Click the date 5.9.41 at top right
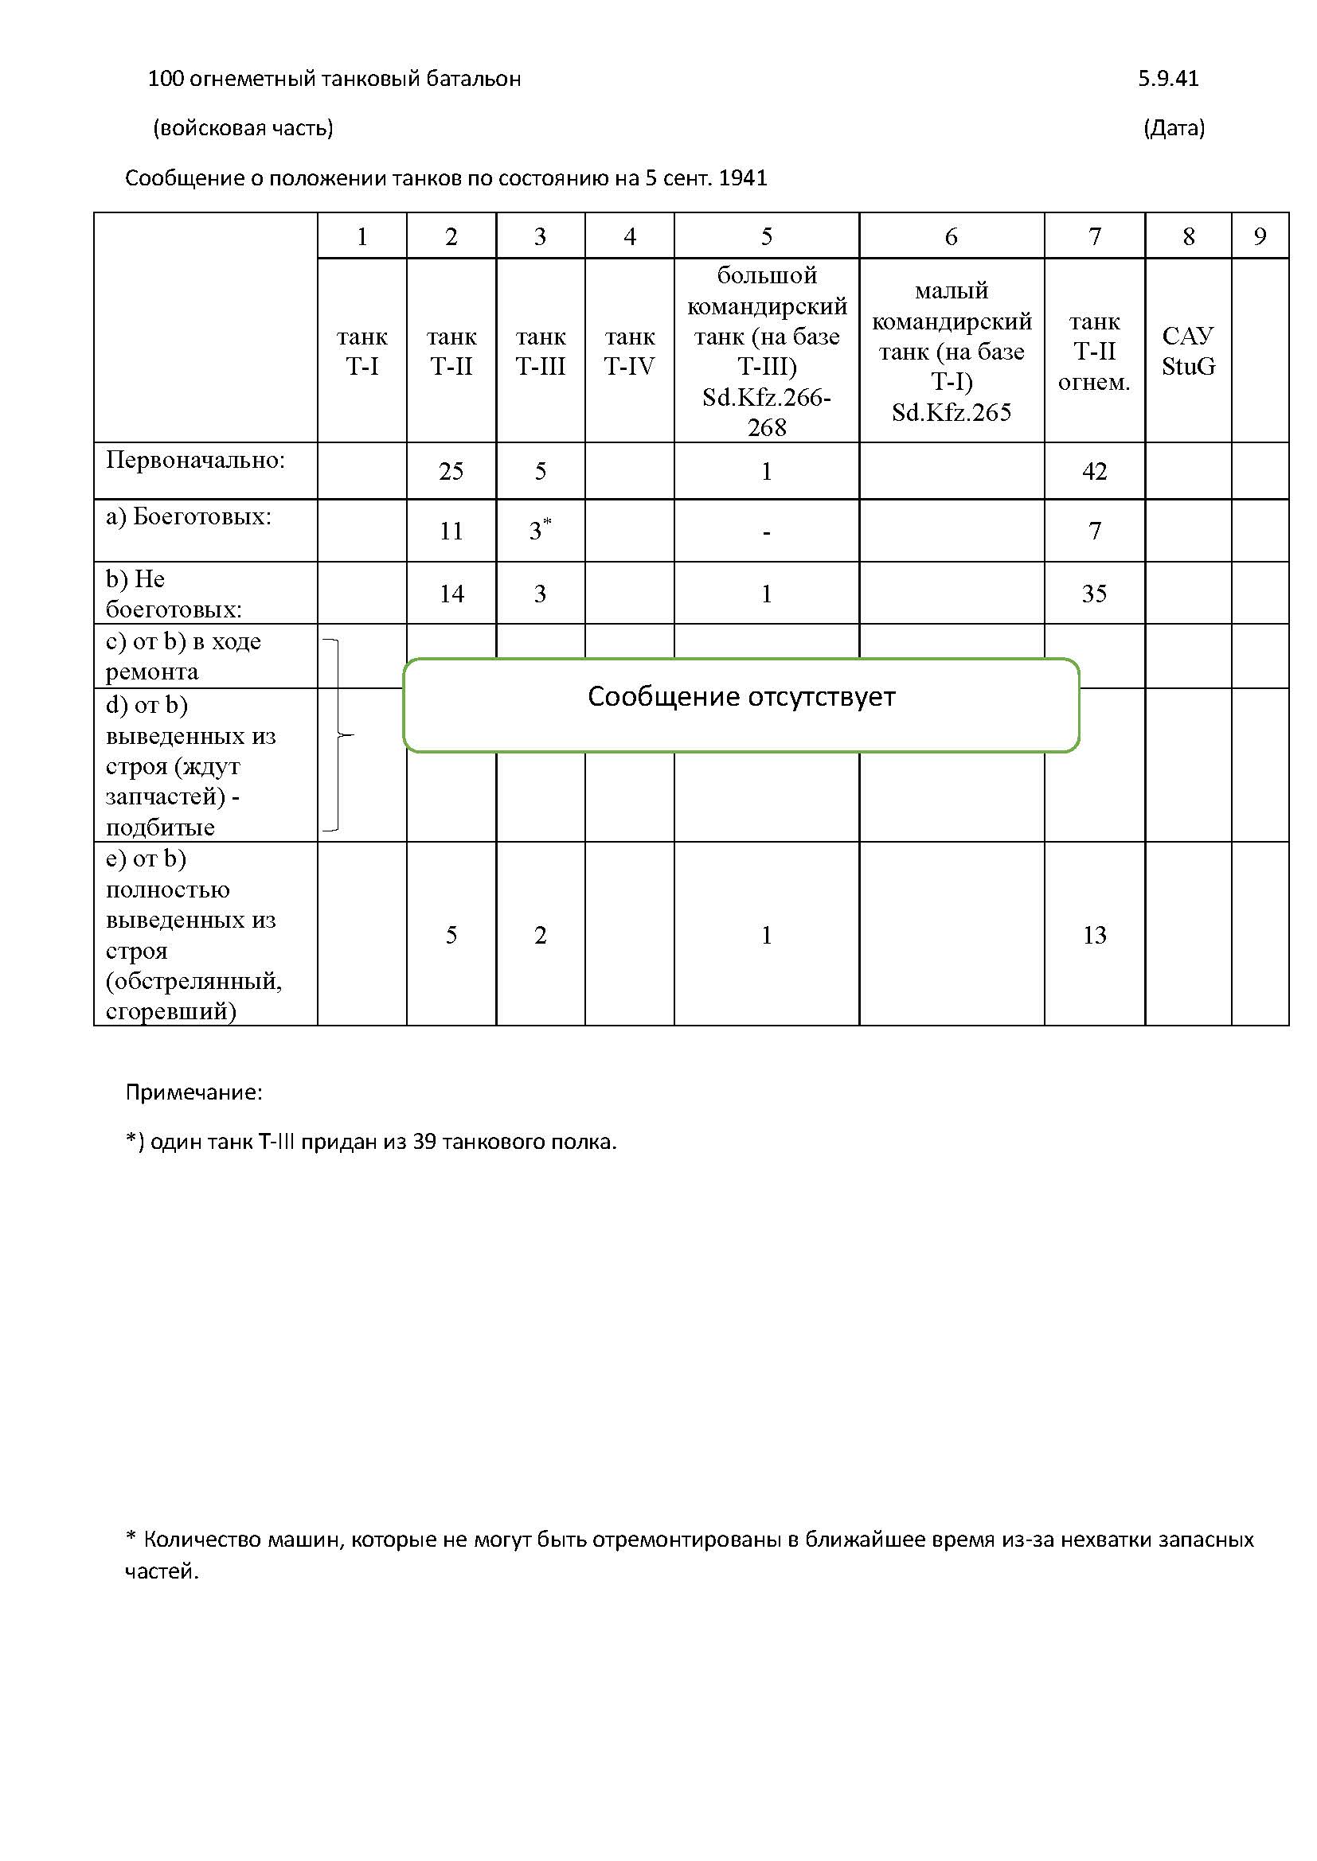coord(1168,79)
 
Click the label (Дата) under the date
coord(1174,128)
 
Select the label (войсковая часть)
coord(244,128)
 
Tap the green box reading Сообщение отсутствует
coord(741,704)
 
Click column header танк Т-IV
coord(629,351)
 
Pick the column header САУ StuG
coord(1188,351)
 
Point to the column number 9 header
coord(1260,236)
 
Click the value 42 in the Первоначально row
coord(1094,471)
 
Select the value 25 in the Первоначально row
coord(451,471)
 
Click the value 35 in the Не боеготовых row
coord(1094,594)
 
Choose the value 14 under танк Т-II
coord(451,594)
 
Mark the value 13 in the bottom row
coord(1094,935)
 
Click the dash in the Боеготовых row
coord(766,532)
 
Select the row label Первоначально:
coord(195,461)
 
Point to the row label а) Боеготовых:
coord(188,516)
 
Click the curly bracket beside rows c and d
coord(338,735)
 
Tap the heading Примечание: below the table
coord(193,1092)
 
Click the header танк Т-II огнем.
coord(1094,351)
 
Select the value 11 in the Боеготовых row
coord(451,531)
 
